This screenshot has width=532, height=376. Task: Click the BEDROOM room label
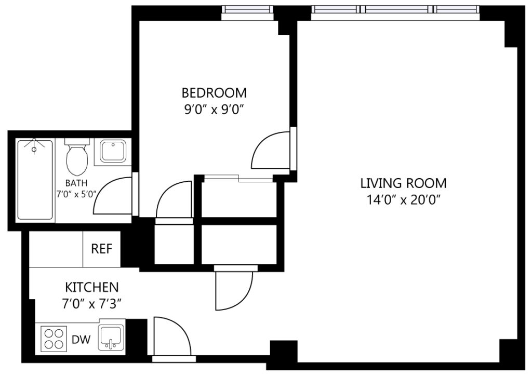[214, 92]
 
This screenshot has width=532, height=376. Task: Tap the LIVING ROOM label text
[403, 183]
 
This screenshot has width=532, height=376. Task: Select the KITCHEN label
[92, 288]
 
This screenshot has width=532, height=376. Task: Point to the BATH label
[76, 183]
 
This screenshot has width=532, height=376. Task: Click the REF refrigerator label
[101, 249]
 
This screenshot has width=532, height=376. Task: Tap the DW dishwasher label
[82, 339]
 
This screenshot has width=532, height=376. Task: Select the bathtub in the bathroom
[35, 180]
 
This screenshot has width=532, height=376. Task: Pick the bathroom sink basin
[113, 151]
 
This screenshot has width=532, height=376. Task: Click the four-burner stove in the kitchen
[54, 339]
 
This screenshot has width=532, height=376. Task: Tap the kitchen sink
[111, 338]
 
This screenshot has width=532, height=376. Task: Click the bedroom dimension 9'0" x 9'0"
[214, 110]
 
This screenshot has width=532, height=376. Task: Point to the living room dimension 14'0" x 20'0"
[403, 200]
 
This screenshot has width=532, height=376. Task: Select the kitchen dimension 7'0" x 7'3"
[92, 304]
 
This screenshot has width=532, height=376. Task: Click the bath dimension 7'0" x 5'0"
[77, 195]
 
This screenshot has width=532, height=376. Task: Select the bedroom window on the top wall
[247, 13]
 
